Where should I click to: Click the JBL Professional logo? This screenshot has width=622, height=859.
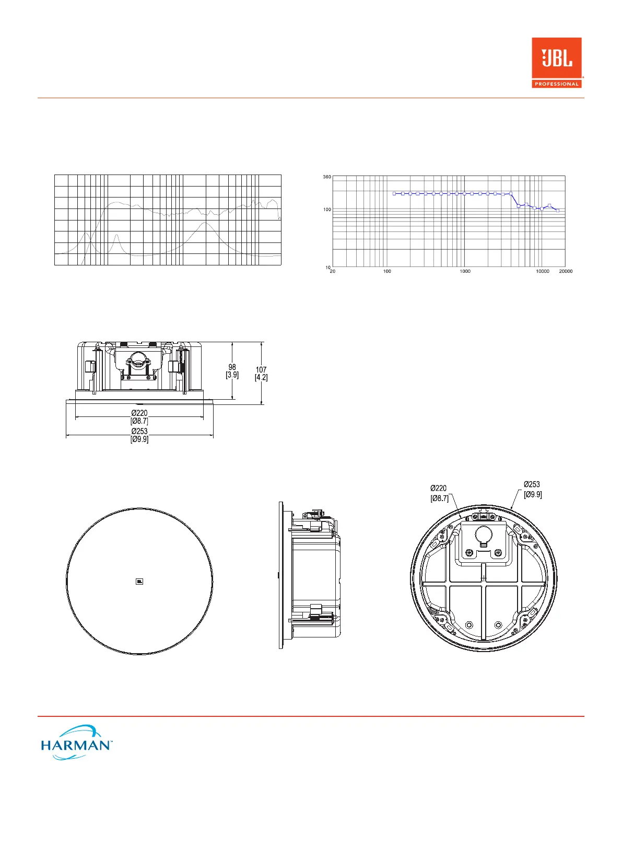pos(557,63)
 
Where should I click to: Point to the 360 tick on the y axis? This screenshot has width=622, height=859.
pos(327,177)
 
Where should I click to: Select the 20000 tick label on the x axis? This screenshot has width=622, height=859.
pos(566,271)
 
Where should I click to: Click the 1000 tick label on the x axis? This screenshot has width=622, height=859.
pos(465,271)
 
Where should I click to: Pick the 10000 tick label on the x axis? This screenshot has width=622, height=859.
pos(543,271)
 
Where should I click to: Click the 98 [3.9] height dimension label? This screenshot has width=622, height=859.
pos(232,371)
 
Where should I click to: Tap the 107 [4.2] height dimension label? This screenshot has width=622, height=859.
pos(261,374)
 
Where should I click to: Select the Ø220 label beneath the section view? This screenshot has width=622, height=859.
pos(139,417)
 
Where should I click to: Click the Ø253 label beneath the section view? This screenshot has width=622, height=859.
pos(139,435)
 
